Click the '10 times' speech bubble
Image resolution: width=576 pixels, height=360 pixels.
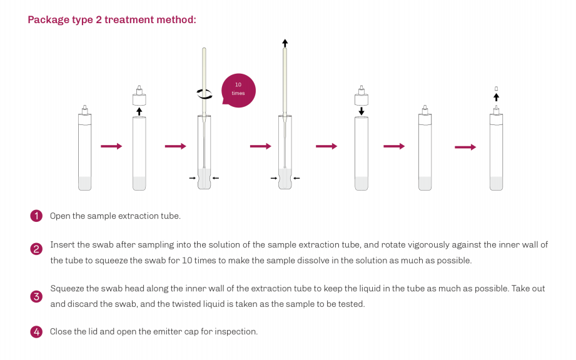tap(238, 90)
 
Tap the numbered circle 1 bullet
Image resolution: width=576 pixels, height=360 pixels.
tap(36, 216)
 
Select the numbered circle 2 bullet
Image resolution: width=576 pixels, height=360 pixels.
tap(36, 249)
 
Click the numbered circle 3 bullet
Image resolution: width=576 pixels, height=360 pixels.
tap(36, 296)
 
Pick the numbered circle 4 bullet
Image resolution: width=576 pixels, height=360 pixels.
tap(36, 332)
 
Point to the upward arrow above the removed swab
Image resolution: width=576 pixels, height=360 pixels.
tap(285, 43)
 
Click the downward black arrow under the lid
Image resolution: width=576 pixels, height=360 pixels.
tap(361, 111)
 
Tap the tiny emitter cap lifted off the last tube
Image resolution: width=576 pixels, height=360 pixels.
tap(497, 89)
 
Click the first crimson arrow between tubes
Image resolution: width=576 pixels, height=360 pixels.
tap(111, 146)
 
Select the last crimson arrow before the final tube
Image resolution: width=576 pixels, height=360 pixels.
tap(465, 147)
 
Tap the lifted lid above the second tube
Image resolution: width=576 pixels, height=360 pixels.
tap(139, 96)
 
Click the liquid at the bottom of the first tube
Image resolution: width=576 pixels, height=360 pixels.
tap(85, 183)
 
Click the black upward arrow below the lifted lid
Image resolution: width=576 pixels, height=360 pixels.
tap(139, 111)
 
